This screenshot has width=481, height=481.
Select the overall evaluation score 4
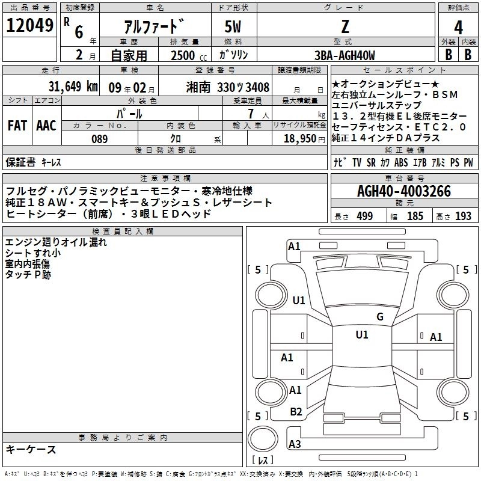[x=458, y=28]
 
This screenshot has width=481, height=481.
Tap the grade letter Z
[x=344, y=26]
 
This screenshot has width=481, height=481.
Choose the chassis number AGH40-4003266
[x=403, y=191]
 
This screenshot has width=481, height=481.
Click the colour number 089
[x=99, y=138]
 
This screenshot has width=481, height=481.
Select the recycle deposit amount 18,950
[x=299, y=138]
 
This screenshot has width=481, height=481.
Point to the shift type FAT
[x=17, y=126]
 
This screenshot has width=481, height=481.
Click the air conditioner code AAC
[x=46, y=126]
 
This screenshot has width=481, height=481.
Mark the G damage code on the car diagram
[x=379, y=317]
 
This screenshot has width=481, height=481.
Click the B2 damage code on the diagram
[x=296, y=412]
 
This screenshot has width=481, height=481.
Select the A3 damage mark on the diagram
[x=295, y=444]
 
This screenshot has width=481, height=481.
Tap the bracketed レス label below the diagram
[x=263, y=461]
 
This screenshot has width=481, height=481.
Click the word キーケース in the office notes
[x=31, y=450]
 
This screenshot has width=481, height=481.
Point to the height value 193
[x=463, y=216]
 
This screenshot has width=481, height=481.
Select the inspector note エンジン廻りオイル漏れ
[x=56, y=243]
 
